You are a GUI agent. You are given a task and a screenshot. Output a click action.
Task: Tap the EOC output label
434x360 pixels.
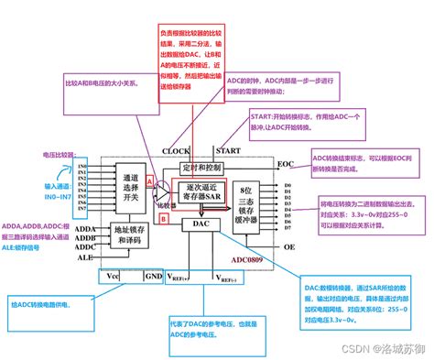pos(285,166)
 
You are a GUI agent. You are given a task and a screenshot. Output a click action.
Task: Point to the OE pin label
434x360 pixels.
pos(287,245)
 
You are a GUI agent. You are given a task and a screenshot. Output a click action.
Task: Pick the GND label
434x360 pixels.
pos(154,275)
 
